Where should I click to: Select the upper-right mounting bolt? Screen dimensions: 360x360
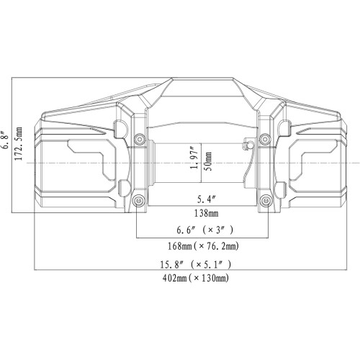[266, 138]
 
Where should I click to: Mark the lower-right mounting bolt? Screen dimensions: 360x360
[266, 199]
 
